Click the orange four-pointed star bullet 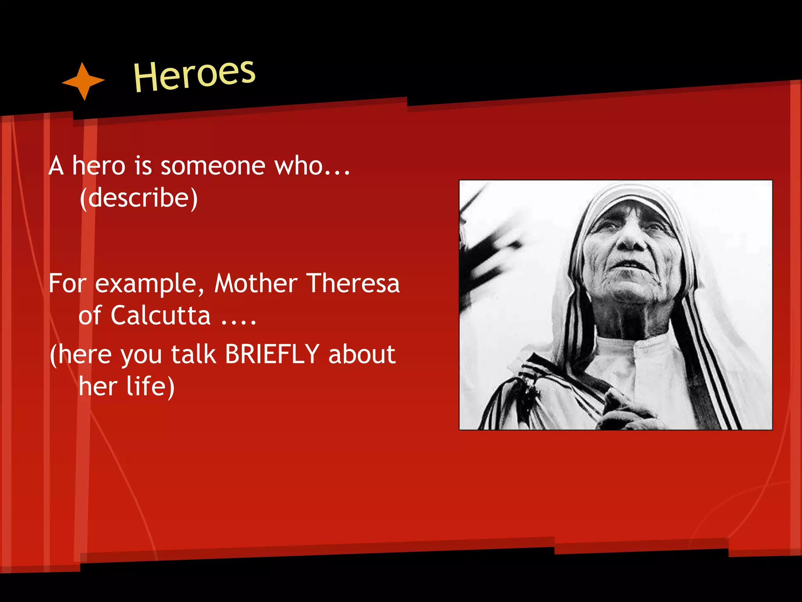tap(83, 81)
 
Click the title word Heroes tap(194, 75)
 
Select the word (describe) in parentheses tap(139, 198)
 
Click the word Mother tap(256, 283)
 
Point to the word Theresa tap(352, 283)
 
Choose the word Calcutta tap(161, 316)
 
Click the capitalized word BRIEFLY tap(272, 354)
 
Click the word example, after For tap(150, 284)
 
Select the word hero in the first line tap(99, 166)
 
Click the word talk tap(193, 354)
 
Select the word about tap(362, 354)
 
